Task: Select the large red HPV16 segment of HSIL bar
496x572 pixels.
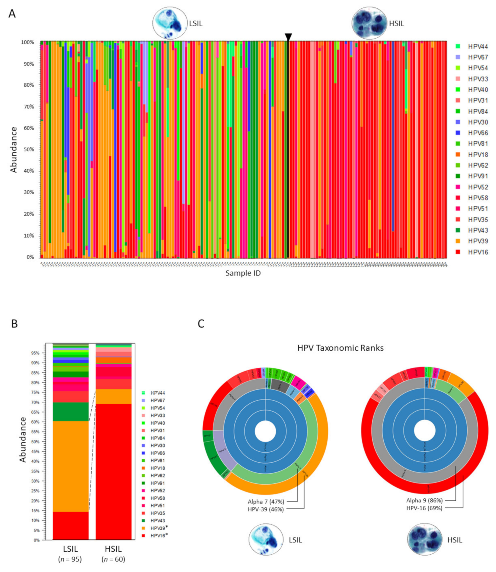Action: point(114,470)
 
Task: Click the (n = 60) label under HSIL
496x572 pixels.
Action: point(114,559)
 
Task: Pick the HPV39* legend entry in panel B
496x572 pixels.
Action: point(159,528)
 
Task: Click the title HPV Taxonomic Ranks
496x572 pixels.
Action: point(340,348)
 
